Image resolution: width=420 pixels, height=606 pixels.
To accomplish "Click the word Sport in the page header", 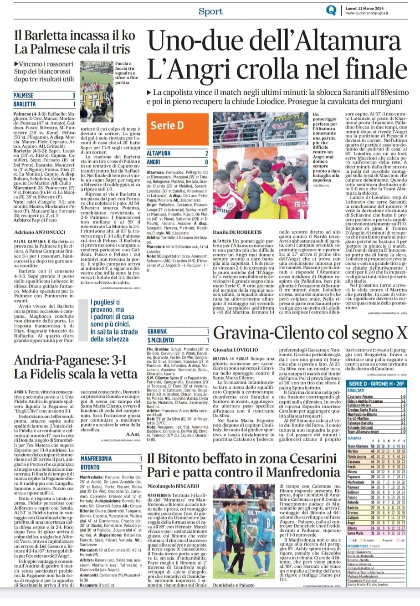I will point(210,11).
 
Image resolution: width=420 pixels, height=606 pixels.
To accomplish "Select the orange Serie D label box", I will point(167,125).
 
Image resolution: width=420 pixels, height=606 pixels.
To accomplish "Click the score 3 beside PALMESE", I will point(74,96).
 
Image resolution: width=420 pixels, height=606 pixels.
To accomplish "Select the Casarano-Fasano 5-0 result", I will point(376,396).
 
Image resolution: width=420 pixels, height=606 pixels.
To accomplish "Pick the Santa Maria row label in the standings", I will point(356,533).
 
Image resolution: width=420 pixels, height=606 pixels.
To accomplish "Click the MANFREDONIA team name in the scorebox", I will point(96,458).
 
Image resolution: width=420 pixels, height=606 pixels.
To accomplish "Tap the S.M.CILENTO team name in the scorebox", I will point(161,340).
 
